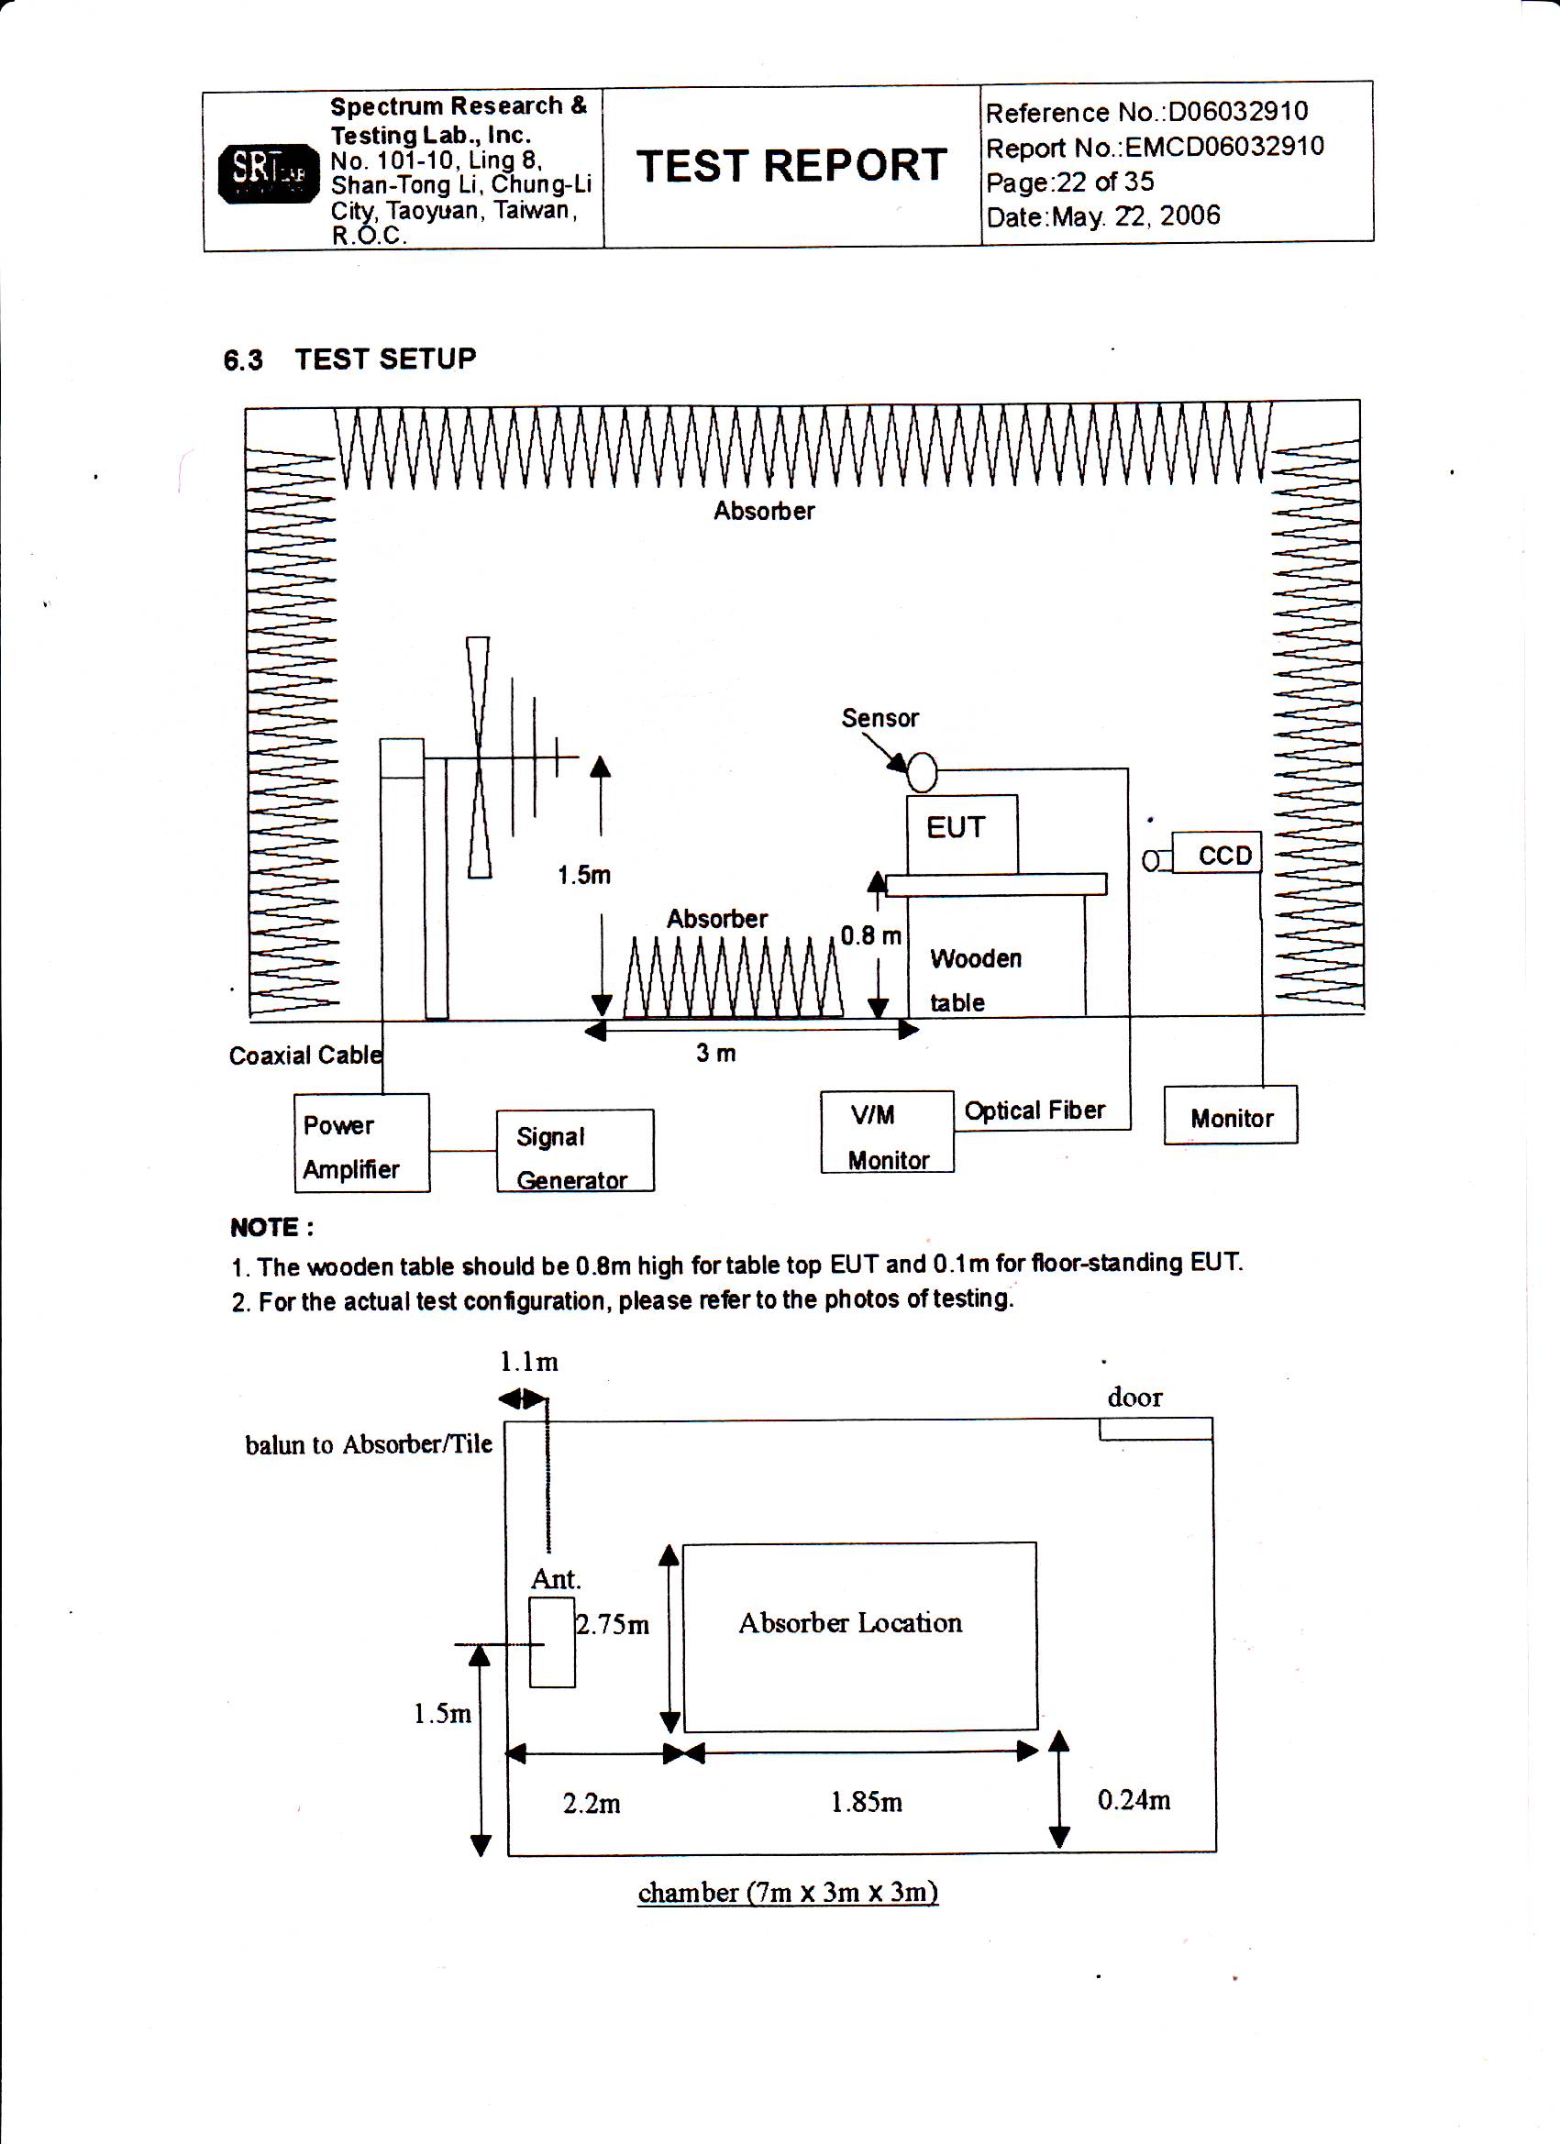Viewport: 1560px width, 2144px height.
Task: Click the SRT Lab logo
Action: click(x=269, y=173)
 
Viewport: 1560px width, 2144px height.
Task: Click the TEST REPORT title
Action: click(x=791, y=166)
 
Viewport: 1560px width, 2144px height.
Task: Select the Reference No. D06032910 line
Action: click(x=1145, y=113)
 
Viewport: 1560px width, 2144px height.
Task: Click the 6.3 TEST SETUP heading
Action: click(x=349, y=359)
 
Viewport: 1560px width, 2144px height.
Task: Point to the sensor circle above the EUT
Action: click(x=922, y=772)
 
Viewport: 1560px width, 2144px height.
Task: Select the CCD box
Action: click(x=1217, y=855)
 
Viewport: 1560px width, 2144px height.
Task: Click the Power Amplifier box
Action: click(x=361, y=1144)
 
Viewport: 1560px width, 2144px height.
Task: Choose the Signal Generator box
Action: click(x=575, y=1152)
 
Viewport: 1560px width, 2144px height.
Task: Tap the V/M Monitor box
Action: click(x=887, y=1133)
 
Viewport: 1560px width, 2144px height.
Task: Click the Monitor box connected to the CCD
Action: click(x=1230, y=1116)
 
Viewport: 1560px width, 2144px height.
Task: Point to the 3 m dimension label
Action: click(x=715, y=1053)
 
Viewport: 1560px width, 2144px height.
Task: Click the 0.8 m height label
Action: click(x=869, y=936)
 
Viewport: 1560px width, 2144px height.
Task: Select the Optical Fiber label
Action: click(x=1034, y=1111)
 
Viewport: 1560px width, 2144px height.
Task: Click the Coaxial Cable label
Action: click(x=305, y=1055)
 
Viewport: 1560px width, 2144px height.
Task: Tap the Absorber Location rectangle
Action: click(x=859, y=1636)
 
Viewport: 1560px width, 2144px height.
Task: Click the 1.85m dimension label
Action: click(x=866, y=1803)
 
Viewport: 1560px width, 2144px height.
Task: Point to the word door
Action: click(x=1134, y=1398)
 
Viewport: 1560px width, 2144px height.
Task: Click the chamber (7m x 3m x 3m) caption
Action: click(x=788, y=1893)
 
